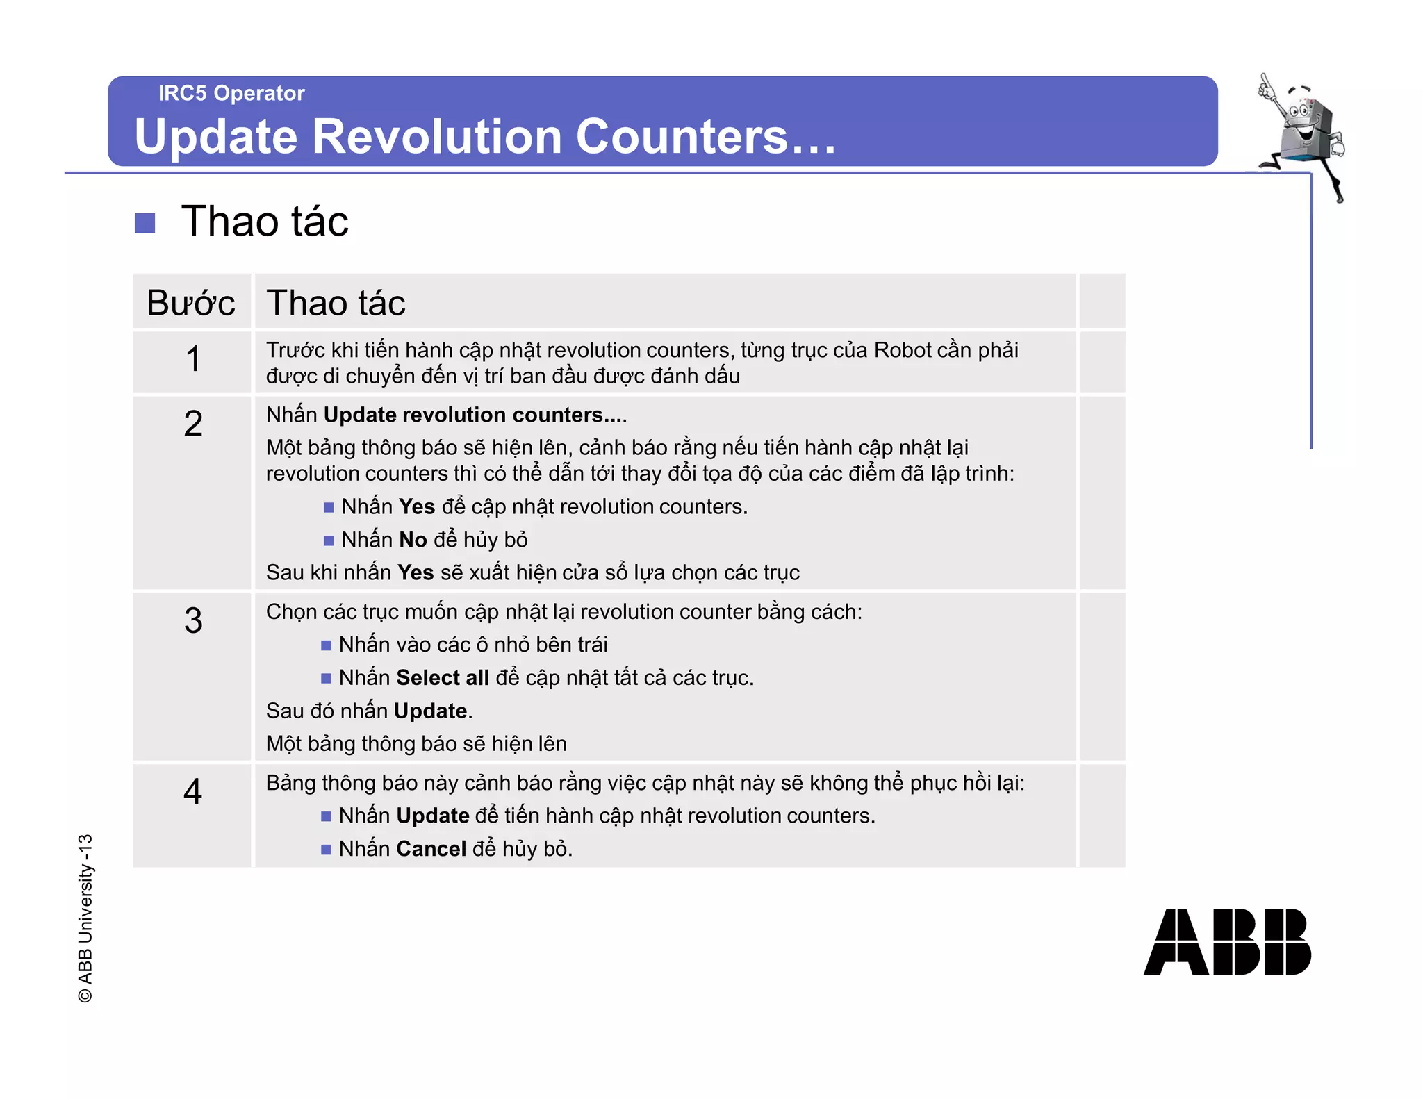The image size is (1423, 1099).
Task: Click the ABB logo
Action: coord(1227,941)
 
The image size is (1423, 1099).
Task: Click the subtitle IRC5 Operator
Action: coord(231,93)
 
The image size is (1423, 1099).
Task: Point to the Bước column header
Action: coord(191,303)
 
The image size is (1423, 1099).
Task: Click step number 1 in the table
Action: coord(193,360)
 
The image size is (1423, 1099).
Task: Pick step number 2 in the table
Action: coord(193,424)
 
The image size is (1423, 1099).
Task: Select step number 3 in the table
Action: coord(193,620)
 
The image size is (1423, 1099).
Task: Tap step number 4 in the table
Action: coord(193,791)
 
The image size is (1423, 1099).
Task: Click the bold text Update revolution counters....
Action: coord(475,415)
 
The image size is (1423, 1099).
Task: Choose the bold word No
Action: coord(413,540)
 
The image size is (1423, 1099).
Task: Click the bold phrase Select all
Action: coord(443,677)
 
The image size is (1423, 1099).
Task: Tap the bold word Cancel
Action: coord(431,849)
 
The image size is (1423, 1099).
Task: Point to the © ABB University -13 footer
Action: coord(85,918)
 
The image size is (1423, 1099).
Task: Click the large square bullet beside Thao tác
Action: coord(145,223)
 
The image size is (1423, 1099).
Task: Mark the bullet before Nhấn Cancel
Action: coord(326,850)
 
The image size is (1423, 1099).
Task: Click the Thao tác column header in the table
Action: coord(336,303)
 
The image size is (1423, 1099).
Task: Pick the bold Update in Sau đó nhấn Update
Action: coord(430,711)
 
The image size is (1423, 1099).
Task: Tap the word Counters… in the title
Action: coord(705,136)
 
